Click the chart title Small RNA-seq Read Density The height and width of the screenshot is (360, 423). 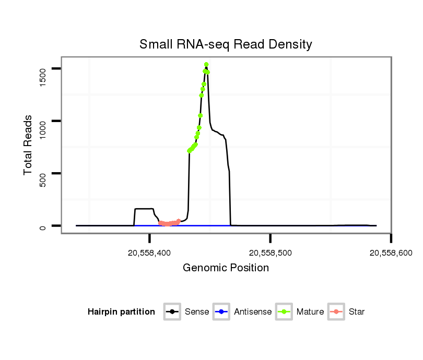[x=226, y=44]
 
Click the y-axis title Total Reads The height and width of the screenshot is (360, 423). [x=29, y=145]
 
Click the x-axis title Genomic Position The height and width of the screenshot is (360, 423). [x=226, y=268]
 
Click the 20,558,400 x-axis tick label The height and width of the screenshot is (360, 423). [x=149, y=253]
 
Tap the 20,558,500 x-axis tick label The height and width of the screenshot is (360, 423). [x=270, y=253]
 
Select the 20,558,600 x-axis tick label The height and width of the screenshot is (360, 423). [x=391, y=253]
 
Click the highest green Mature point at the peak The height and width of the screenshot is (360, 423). [x=206, y=64]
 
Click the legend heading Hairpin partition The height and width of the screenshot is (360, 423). [x=121, y=312]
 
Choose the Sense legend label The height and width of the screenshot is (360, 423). [x=197, y=312]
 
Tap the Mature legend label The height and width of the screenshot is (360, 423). [x=310, y=312]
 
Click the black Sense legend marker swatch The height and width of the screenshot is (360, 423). [x=172, y=312]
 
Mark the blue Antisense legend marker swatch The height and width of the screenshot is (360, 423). [x=222, y=312]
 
